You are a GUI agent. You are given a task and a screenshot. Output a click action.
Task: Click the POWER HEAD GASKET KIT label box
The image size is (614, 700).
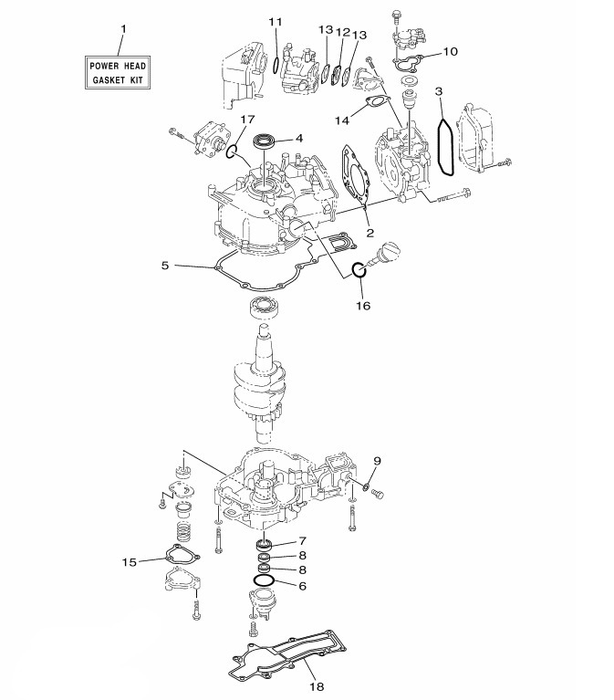coord(118,72)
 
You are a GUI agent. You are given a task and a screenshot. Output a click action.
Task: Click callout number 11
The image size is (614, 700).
coord(276,21)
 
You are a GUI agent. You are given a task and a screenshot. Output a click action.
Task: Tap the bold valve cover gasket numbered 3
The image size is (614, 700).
coord(446,146)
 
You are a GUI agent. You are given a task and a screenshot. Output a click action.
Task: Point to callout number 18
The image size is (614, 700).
coord(317,686)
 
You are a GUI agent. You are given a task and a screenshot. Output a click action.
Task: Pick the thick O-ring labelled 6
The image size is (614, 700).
coord(264,580)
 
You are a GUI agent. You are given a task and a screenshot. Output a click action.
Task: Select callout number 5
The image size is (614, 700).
coord(165,266)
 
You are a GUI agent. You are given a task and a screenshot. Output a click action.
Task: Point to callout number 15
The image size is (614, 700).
coord(130,561)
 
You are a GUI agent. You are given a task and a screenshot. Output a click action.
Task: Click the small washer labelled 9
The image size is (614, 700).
coord(366,486)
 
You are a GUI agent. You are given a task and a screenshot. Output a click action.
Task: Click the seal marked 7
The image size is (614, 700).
coord(265,545)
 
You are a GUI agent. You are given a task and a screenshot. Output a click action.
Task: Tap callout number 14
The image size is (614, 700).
coord(342,120)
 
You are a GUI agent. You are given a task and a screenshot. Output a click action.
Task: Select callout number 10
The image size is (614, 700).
coord(450,52)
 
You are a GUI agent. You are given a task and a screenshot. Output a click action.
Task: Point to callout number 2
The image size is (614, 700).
coord(369,233)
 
